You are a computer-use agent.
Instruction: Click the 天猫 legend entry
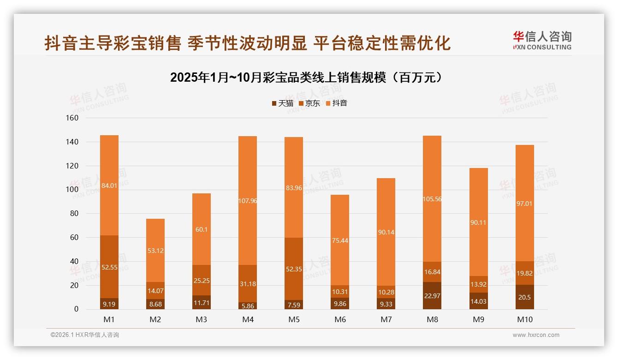click(x=282, y=103)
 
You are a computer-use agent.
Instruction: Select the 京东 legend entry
click(x=309, y=103)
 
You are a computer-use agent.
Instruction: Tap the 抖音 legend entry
click(x=337, y=103)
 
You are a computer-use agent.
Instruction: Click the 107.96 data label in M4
click(x=248, y=201)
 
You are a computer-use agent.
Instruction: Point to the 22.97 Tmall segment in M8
click(x=432, y=295)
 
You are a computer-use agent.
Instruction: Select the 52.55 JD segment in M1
click(x=109, y=267)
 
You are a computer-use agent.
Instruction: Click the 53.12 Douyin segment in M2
click(x=155, y=251)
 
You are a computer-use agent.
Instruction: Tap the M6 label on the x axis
click(x=340, y=319)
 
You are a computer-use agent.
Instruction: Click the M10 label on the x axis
click(x=524, y=319)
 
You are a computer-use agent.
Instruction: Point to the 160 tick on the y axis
click(x=72, y=118)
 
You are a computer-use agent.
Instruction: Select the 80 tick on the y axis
click(x=74, y=214)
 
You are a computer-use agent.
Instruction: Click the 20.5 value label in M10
click(x=524, y=298)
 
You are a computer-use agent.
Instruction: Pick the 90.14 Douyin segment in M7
click(x=386, y=232)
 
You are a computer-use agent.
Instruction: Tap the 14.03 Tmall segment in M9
click(x=478, y=301)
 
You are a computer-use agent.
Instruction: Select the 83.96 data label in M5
click(x=294, y=187)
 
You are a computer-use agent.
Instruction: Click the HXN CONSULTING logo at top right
click(x=542, y=41)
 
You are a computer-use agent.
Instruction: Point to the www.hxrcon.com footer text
click(x=536, y=335)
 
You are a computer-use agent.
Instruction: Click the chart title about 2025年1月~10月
click(x=309, y=78)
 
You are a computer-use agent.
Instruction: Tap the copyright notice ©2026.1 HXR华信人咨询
click(x=85, y=335)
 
